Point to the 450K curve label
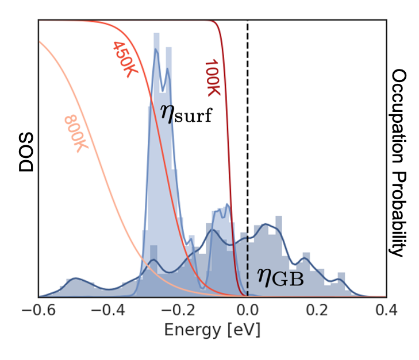[x=124, y=60]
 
